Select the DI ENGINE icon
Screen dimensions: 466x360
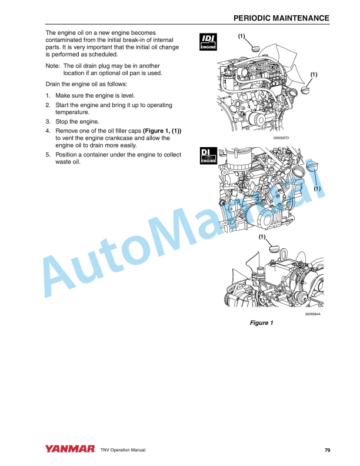pyautogui.click(x=209, y=155)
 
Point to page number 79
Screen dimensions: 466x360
pyautogui.click(x=327, y=450)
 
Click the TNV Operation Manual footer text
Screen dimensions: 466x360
pyautogui.click(x=123, y=450)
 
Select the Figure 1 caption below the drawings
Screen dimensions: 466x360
pyautogui.click(x=262, y=323)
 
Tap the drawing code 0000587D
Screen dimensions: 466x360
pyautogui.click(x=281, y=138)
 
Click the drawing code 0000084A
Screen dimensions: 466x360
pyautogui.click(x=312, y=315)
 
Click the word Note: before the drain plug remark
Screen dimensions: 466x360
pyautogui.click(x=53, y=66)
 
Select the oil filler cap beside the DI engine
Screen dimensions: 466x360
pyautogui.click(x=311, y=171)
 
